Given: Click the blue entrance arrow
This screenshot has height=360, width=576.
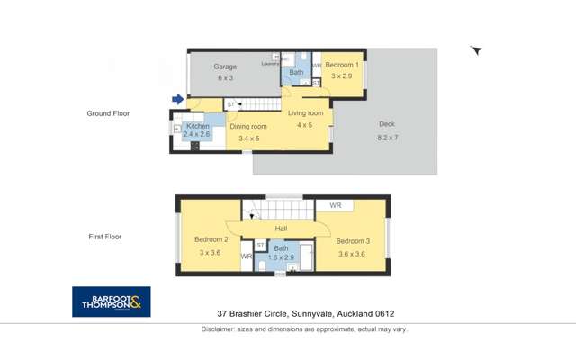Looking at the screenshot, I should point(178,99).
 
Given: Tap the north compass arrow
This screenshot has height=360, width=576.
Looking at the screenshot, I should point(477,51).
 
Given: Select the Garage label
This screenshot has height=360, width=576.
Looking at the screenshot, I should point(224,67).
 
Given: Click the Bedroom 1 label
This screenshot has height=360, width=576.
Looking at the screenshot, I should point(342,66).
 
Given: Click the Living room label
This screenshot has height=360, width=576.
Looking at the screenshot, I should point(305,113).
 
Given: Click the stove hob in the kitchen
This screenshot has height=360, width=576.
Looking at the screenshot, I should point(194,146).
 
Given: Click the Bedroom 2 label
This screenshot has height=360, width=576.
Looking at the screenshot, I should point(211,240).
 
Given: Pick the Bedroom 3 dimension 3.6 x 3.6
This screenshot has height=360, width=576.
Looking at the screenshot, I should point(351,253).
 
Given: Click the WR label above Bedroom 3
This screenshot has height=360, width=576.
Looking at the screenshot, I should point(335,206).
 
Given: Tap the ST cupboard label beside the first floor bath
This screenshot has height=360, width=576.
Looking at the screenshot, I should point(260,245).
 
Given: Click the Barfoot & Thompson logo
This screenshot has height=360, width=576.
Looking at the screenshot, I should point(111,301).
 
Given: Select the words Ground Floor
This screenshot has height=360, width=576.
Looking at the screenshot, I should point(109,114).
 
